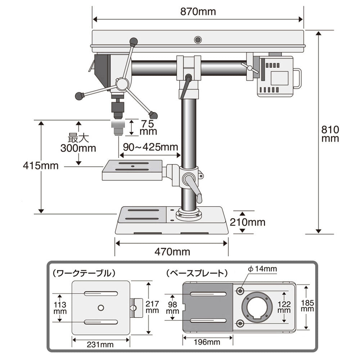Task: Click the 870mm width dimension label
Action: click(x=198, y=12)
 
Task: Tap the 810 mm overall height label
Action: click(x=330, y=134)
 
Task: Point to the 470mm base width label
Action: click(x=172, y=251)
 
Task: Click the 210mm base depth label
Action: click(x=248, y=222)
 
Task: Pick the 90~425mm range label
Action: click(x=150, y=147)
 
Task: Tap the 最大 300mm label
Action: click(x=79, y=143)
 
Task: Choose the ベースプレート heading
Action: click(x=197, y=273)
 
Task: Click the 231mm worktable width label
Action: click(x=100, y=345)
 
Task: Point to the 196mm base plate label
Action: click(x=207, y=342)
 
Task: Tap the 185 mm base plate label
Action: click(x=307, y=306)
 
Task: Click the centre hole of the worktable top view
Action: click(x=101, y=307)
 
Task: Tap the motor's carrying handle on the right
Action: click(x=297, y=78)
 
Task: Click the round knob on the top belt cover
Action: click(x=197, y=40)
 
